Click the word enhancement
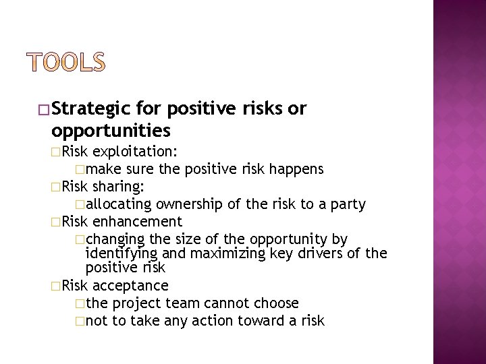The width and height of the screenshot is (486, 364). [x=138, y=221]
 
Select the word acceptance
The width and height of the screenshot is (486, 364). [x=131, y=285]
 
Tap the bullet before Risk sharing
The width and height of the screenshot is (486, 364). [x=56, y=186]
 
